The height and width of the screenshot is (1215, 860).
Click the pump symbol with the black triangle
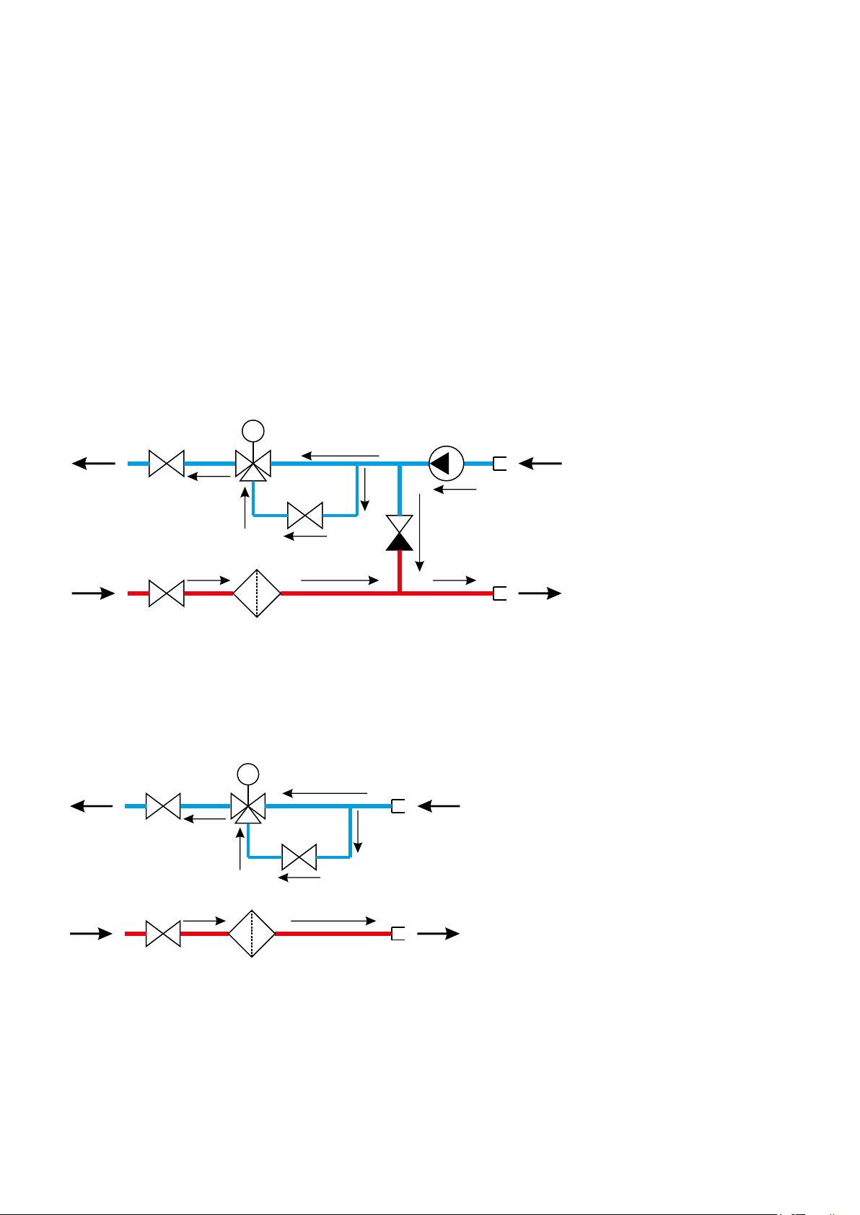(x=446, y=464)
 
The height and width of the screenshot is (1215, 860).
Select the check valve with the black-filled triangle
(x=399, y=533)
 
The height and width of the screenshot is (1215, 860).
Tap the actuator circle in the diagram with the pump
(x=253, y=431)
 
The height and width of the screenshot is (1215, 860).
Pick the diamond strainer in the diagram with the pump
(x=257, y=593)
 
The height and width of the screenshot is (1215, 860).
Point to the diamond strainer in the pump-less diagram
(x=252, y=933)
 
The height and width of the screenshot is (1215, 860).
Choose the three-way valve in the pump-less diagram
(x=247, y=807)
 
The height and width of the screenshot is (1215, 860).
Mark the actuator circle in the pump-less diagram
(x=247, y=774)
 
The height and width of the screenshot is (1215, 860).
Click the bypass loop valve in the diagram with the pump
(x=305, y=516)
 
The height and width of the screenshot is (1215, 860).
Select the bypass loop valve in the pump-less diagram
(x=299, y=857)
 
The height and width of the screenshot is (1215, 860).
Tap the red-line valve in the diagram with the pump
(x=167, y=593)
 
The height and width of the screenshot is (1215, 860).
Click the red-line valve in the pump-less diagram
(x=163, y=934)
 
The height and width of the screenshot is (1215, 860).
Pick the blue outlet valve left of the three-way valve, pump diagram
(x=167, y=464)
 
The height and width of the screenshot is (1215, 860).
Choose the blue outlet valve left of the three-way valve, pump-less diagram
(x=163, y=806)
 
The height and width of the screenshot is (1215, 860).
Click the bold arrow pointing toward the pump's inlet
(x=540, y=464)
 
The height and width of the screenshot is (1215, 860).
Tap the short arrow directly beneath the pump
(x=455, y=490)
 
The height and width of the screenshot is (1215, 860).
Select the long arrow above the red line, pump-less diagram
(x=333, y=921)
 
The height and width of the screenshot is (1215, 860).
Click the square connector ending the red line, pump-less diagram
(x=398, y=934)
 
